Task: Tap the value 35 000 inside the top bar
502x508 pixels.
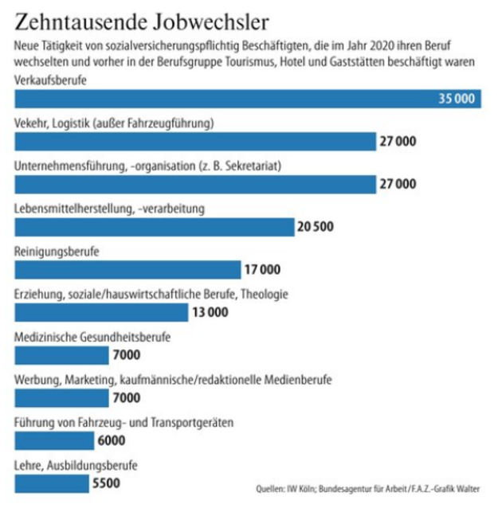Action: coord(457,99)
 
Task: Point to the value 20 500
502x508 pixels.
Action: coord(315,227)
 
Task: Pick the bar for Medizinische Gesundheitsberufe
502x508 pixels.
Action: coord(61,355)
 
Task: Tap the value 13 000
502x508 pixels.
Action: coord(210,312)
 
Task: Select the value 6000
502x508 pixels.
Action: coord(112,440)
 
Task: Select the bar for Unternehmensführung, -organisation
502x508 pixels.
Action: coord(195,184)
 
